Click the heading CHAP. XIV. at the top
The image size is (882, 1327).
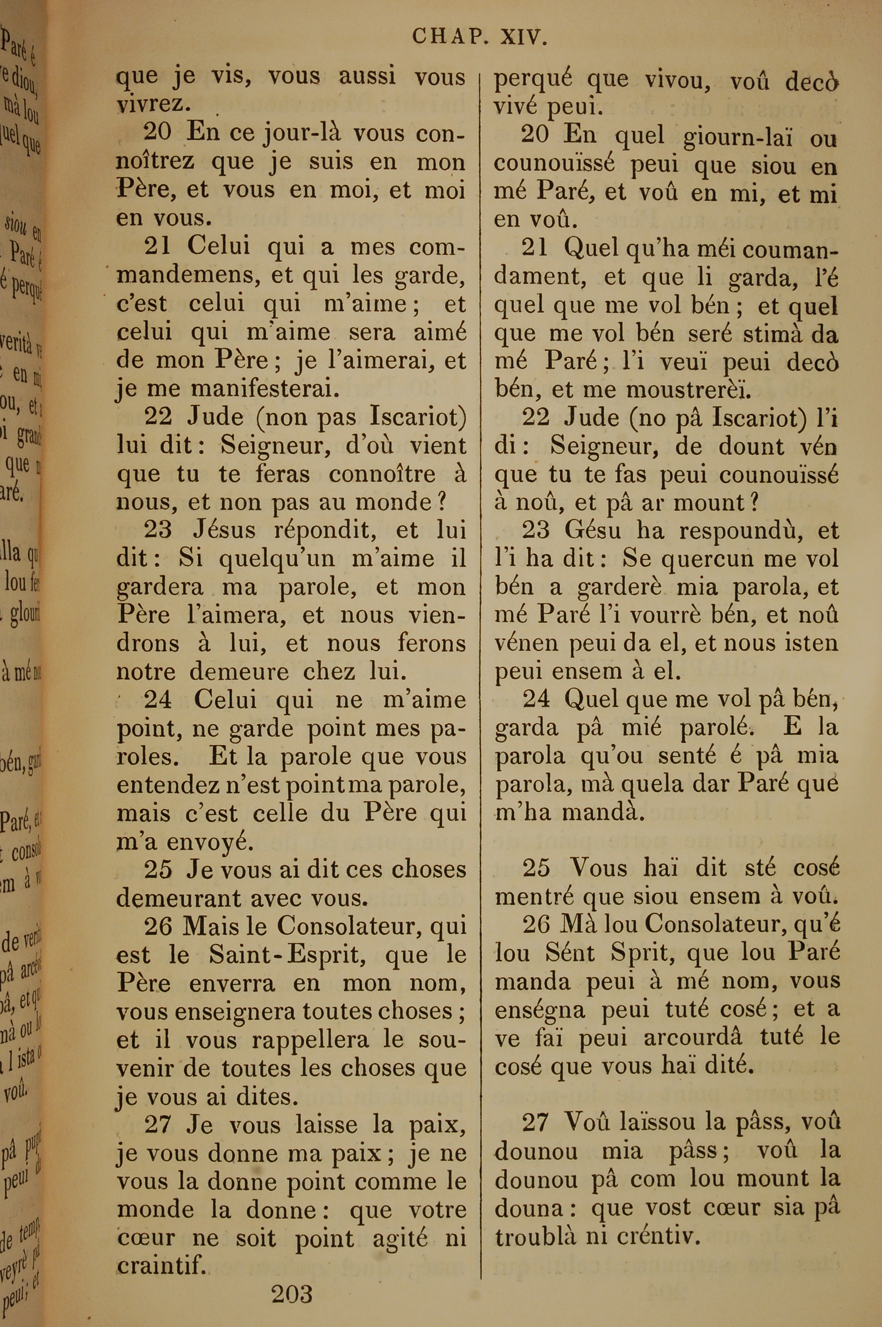[479, 37]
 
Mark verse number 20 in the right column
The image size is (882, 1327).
[535, 135]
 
